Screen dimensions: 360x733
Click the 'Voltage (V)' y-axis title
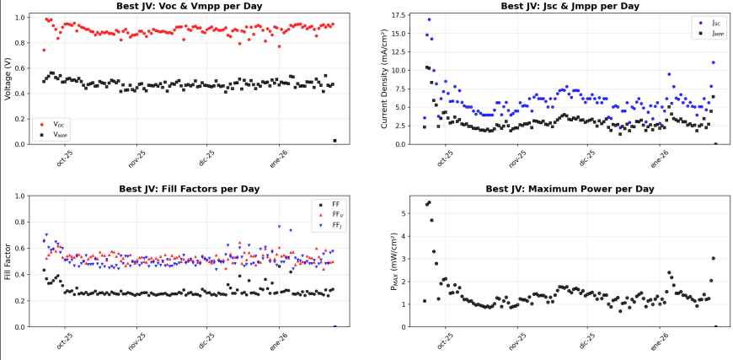click(x=8, y=79)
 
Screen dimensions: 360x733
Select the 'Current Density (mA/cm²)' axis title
click(x=384, y=79)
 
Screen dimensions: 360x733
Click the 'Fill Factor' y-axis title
click(x=8, y=261)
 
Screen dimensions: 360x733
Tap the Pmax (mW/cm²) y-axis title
click(x=393, y=261)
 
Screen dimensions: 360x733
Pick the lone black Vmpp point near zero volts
click(x=334, y=141)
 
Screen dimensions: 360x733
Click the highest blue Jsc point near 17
click(x=429, y=19)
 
